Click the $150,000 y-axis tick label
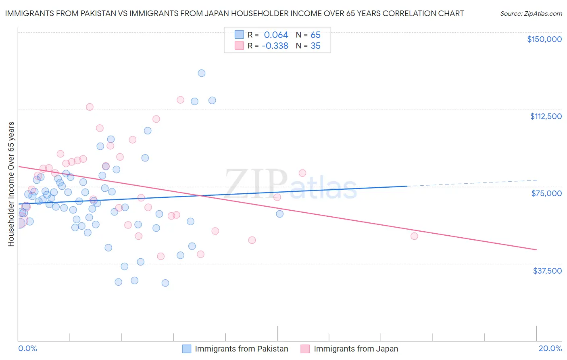pyautogui.click(x=544, y=39)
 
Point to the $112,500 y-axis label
pyautogui.click(x=546, y=116)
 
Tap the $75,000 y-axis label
pyautogui.click(x=546, y=193)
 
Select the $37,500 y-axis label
pyautogui.click(x=547, y=271)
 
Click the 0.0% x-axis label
pyautogui.click(x=27, y=348)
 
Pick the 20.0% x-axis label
pyautogui.click(x=550, y=348)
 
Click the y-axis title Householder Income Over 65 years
pyautogui.click(x=11, y=184)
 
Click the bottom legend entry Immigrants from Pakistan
pyautogui.click(x=241, y=349)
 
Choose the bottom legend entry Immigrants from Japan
pyautogui.click(x=356, y=349)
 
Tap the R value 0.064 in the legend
pyautogui.click(x=276, y=35)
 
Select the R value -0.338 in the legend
pyautogui.click(x=275, y=46)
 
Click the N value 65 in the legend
pyautogui.click(x=315, y=35)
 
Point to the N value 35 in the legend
pyautogui.click(x=315, y=46)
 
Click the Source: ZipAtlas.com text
pyautogui.click(x=531, y=14)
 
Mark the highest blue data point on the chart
pyautogui.click(x=202, y=73)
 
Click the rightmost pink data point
pyautogui.click(x=414, y=236)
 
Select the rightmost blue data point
pyautogui.click(x=279, y=214)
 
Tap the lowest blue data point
pyautogui.click(x=165, y=283)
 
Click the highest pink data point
pyautogui.click(x=180, y=100)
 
